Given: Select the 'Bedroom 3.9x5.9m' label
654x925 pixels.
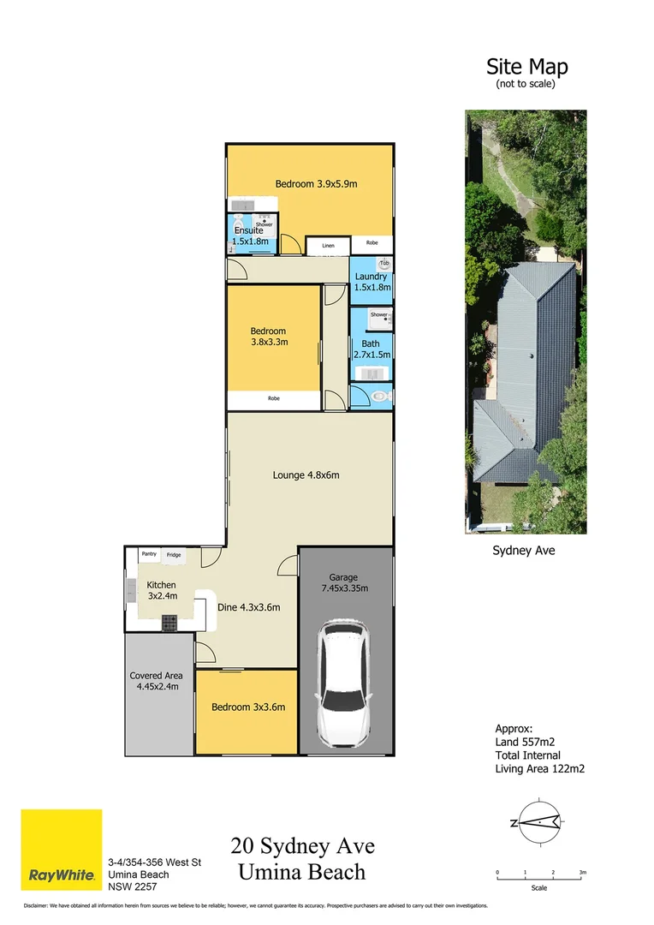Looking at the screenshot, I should pyautogui.click(x=315, y=183).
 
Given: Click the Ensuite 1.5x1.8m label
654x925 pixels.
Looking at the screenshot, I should pyautogui.click(x=251, y=236).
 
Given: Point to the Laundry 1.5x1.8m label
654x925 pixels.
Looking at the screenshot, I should pyautogui.click(x=372, y=282).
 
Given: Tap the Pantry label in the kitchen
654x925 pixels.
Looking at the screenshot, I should pyautogui.click(x=148, y=554).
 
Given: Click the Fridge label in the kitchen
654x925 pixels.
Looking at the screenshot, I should pyautogui.click(x=174, y=555).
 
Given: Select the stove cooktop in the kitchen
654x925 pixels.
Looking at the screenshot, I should pyautogui.click(x=169, y=623).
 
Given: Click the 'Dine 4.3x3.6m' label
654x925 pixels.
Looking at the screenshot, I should pyautogui.click(x=248, y=607).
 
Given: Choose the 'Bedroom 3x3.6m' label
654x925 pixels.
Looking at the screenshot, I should pyautogui.click(x=248, y=707).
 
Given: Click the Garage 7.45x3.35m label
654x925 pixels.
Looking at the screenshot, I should pyautogui.click(x=346, y=582).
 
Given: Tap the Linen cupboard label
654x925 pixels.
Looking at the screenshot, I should pyautogui.click(x=328, y=246).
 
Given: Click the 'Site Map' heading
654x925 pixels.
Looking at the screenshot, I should pyautogui.click(x=526, y=66).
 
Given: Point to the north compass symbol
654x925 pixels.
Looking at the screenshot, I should pyautogui.click(x=538, y=822).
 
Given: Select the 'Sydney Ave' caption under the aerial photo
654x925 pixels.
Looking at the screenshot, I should pyautogui.click(x=523, y=551).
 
